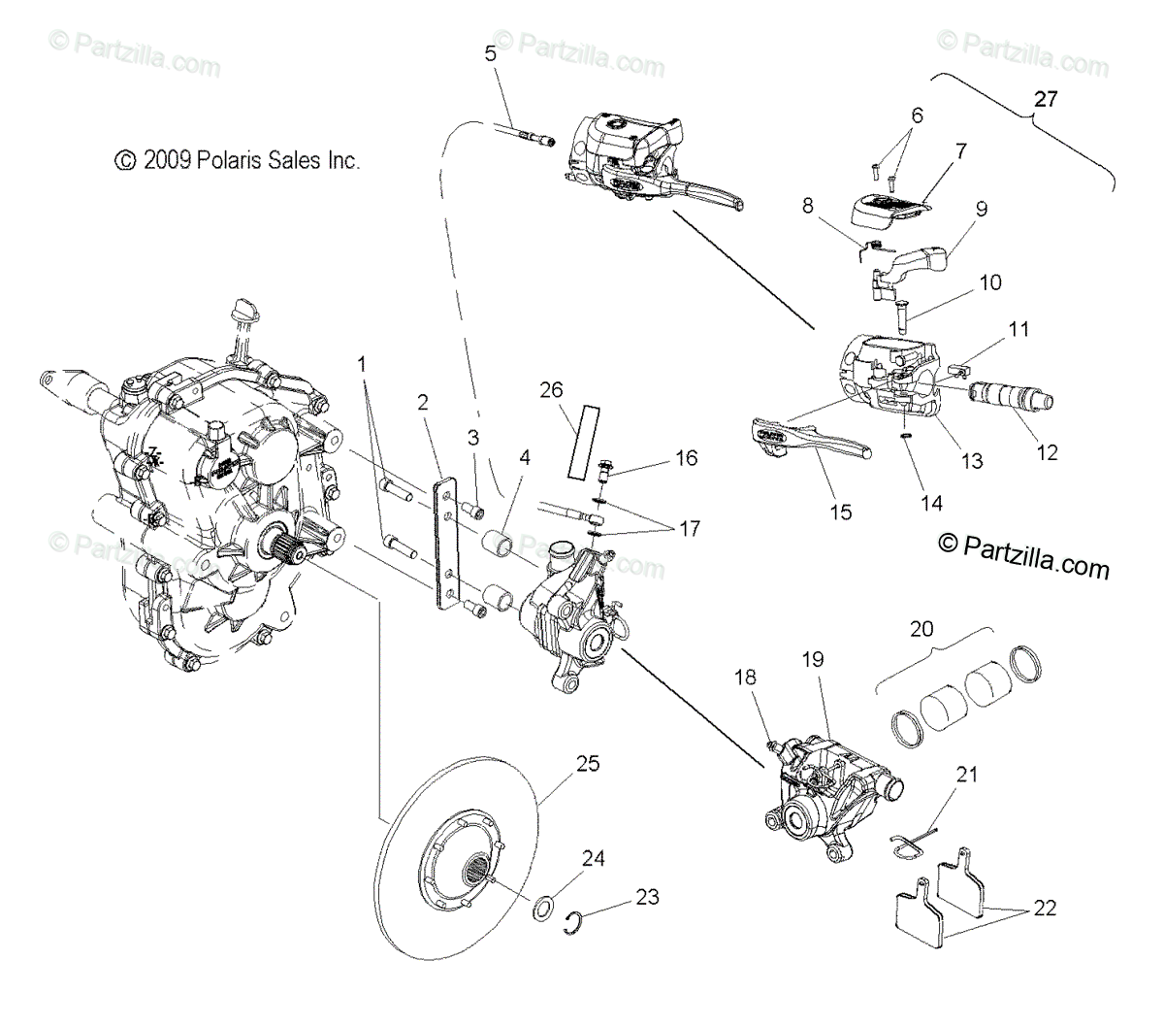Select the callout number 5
[491, 53]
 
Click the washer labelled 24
[546, 910]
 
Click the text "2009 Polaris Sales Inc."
[250, 160]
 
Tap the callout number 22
[1044, 909]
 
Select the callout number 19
[813, 659]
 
